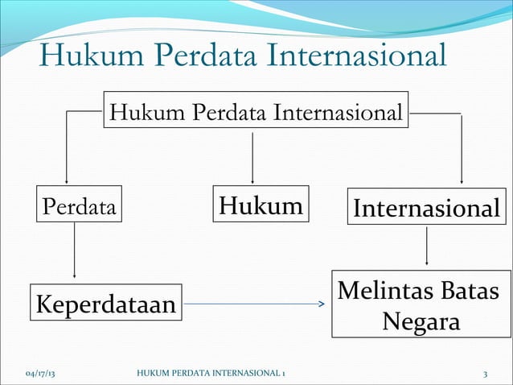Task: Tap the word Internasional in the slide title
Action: tap(354, 57)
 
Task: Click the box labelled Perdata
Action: tap(79, 206)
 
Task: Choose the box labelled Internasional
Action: tap(426, 208)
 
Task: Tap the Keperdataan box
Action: tap(105, 305)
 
